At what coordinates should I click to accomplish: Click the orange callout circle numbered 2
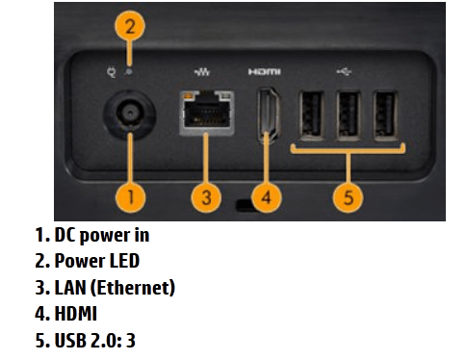tap(130, 26)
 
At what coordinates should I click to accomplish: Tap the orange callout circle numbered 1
tap(130, 196)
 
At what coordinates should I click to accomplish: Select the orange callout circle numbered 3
tap(206, 196)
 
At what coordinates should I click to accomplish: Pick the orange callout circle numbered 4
tap(266, 196)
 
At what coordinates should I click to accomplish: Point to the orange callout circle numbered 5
tap(349, 196)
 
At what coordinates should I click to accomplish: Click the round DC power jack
tap(130, 115)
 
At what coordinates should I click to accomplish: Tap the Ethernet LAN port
tap(206, 113)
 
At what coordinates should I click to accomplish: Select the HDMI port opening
tap(269, 115)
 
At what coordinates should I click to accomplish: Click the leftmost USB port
tap(311, 116)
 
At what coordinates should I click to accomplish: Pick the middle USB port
tap(348, 116)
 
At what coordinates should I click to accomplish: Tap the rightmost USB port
tap(385, 116)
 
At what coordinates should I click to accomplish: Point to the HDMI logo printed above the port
tap(265, 71)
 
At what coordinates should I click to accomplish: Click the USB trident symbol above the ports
tap(344, 71)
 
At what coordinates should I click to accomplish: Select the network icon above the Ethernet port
tap(202, 71)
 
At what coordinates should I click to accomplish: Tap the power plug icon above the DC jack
tap(112, 72)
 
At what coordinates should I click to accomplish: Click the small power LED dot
tap(129, 72)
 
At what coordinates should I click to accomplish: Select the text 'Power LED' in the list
tap(97, 261)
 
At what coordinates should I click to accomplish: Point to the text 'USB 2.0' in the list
tap(86, 340)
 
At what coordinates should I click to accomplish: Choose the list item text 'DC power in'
tap(102, 236)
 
